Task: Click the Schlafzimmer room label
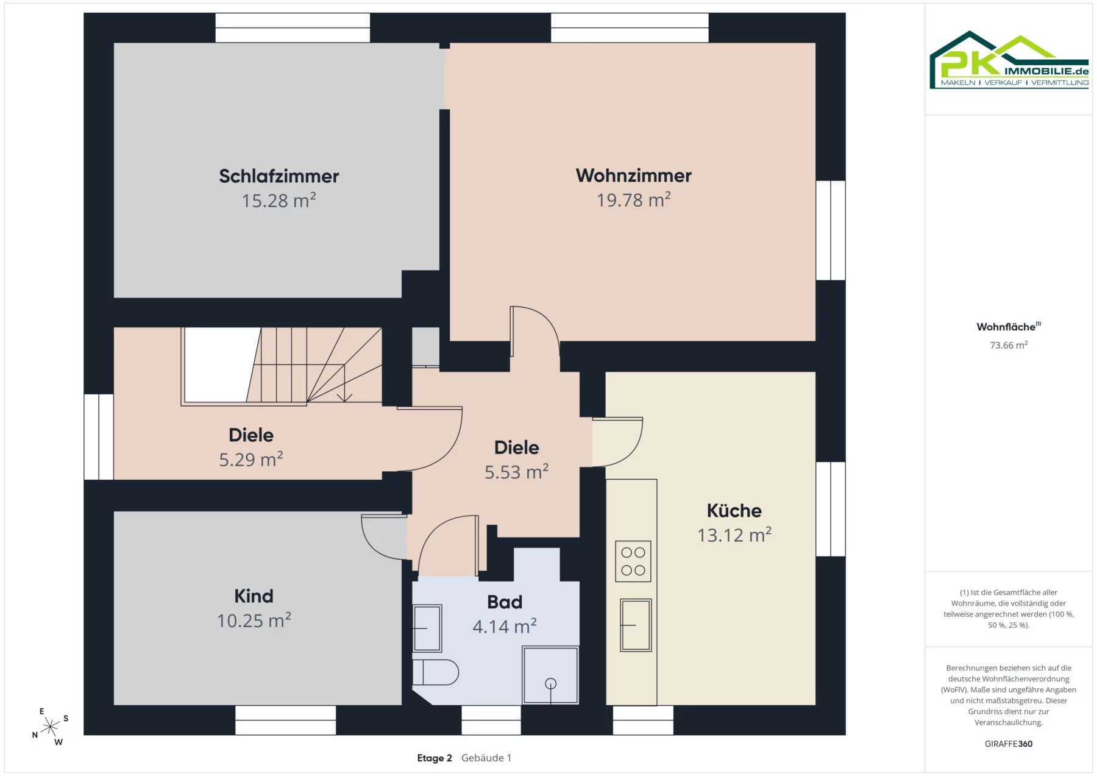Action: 279,176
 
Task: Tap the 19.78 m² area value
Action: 633,199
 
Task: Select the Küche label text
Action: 734,510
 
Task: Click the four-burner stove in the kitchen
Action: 633,561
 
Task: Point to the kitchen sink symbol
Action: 636,625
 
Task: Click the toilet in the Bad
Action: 435,672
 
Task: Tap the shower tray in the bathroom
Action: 550,675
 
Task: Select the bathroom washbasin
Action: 427,628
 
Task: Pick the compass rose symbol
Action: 50,726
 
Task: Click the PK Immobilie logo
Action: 1009,60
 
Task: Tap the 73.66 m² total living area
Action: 1009,345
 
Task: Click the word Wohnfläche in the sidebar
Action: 1006,327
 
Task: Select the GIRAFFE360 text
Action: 1009,744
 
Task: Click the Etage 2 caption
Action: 435,758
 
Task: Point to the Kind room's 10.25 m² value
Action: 254,621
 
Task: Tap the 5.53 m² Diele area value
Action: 517,472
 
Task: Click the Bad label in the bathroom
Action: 505,602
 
